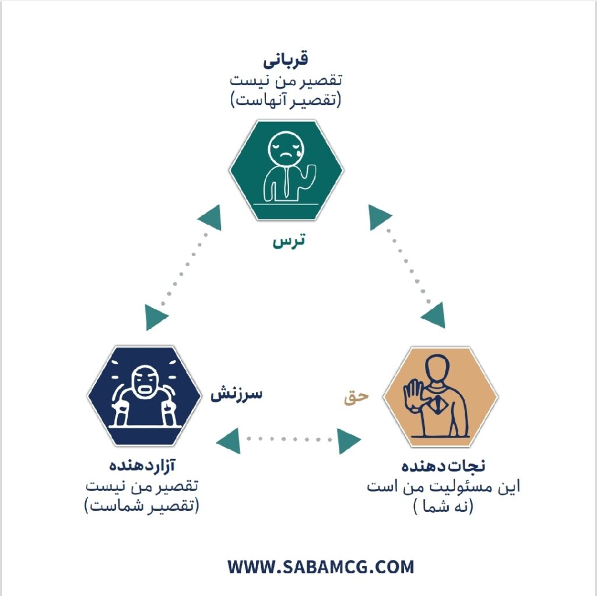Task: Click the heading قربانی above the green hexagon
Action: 286,60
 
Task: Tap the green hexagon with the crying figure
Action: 286,170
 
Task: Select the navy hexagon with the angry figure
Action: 145,396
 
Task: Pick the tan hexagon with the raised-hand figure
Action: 441,396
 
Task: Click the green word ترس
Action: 289,241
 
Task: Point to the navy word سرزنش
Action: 237,394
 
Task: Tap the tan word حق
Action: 356,397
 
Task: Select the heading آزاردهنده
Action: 142,466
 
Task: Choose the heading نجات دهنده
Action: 443,466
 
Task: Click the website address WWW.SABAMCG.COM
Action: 321,567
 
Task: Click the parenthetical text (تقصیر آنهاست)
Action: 286,100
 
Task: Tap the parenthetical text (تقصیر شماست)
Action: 142,506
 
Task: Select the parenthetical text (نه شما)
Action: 443,506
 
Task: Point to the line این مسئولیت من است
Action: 444,487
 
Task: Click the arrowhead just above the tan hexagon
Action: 434,315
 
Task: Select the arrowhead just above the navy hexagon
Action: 156,317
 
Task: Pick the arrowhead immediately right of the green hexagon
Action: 379,217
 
